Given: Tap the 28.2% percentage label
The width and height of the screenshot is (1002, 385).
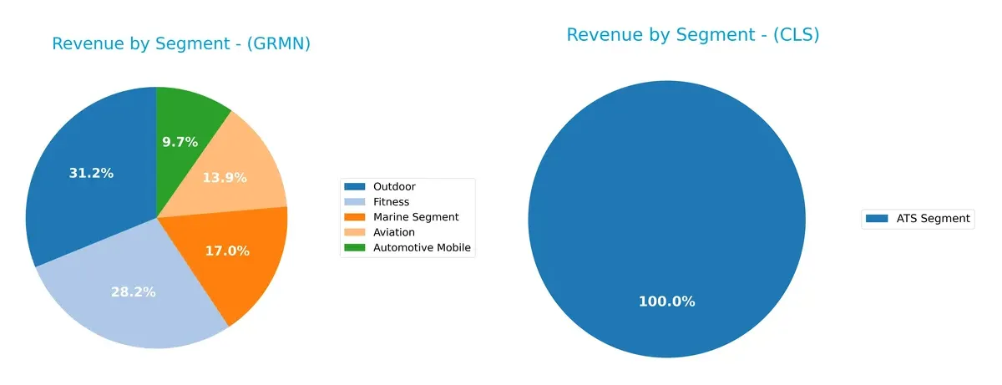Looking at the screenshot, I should tap(134, 291).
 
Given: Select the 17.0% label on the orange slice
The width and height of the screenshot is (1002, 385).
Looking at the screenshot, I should tap(227, 251).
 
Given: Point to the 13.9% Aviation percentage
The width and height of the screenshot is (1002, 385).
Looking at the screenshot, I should tap(225, 178).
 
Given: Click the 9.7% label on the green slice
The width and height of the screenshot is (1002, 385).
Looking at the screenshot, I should tap(180, 142).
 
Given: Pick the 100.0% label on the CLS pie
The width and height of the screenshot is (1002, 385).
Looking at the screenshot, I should tap(666, 301).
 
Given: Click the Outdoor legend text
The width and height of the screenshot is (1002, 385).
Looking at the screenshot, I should tap(395, 187).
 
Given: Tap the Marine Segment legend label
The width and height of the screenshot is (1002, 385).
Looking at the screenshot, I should tap(417, 217).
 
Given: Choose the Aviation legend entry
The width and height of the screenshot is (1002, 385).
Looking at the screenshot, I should tap(395, 232).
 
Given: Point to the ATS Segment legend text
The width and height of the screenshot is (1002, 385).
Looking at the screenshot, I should tap(933, 219).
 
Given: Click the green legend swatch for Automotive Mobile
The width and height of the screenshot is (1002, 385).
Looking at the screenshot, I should tap(356, 247).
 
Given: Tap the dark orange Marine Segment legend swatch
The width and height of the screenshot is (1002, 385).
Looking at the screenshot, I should tap(356, 217).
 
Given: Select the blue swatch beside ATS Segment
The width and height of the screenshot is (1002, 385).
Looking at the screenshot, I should tap(877, 219).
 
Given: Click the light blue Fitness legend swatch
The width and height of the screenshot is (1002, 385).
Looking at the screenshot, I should tap(356, 202).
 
